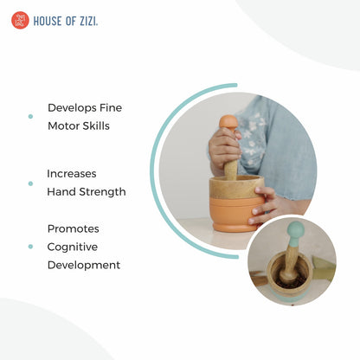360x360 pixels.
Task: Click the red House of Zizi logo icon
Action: click(19, 20)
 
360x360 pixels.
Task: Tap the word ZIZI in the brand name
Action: click(87, 21)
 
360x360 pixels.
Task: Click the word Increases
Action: click(73, 173)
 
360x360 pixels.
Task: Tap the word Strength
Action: click(101, 191)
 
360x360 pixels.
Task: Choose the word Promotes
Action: click(73, 228)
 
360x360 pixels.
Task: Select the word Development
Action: click(83, 265)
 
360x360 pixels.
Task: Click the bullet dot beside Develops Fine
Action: click(30, 116)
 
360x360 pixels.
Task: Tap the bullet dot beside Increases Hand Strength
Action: click(30, 182)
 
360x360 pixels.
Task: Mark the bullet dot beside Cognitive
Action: click(30, 247)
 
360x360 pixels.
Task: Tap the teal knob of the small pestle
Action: click(295, 230)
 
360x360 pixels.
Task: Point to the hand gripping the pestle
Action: click(224, 148)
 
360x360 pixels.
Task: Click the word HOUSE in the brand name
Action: click(45, 21)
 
